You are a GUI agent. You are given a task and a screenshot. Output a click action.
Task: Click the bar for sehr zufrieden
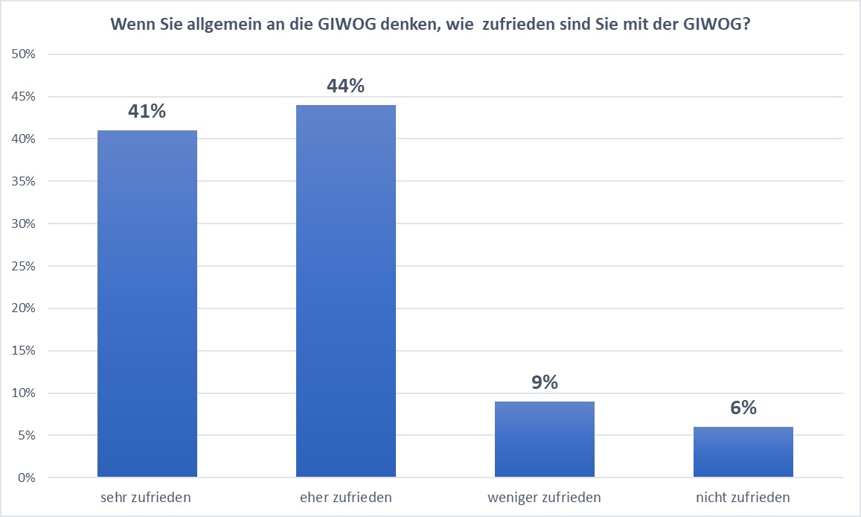pos(147,303)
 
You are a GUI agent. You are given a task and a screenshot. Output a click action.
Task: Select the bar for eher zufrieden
pos(346,291)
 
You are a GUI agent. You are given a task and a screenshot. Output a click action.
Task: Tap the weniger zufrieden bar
pos(545,439)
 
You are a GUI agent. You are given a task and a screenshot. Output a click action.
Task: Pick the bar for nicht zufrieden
pos(743,451)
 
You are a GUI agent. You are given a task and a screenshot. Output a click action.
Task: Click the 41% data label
pos(147,112)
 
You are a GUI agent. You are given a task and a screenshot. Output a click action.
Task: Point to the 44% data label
pos(346,86)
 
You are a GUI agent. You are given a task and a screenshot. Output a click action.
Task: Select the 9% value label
pos(545,383)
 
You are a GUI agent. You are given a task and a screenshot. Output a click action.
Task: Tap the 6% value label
pos(743,408)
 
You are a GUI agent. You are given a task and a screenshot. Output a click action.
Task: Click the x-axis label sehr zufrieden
pos(147,498)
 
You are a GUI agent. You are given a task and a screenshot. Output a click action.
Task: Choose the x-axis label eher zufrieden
pos(346,498)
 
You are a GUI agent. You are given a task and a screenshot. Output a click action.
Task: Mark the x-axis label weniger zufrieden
pos(545,498)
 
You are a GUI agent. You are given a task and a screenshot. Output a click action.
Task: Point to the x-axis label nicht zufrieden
pos(743,498)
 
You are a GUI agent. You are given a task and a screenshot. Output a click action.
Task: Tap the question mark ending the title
pos(746,25)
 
